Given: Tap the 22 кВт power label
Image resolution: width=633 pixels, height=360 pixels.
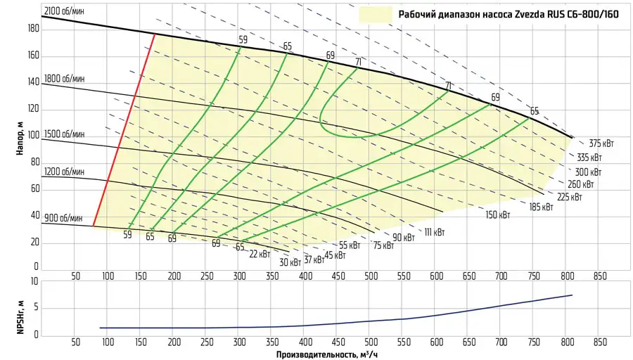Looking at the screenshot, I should pos(260,254).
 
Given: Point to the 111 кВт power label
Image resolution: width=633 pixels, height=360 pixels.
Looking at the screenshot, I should pos(433,231).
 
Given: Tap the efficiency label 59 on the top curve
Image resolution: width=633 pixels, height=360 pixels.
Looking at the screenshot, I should pos(243,40).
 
